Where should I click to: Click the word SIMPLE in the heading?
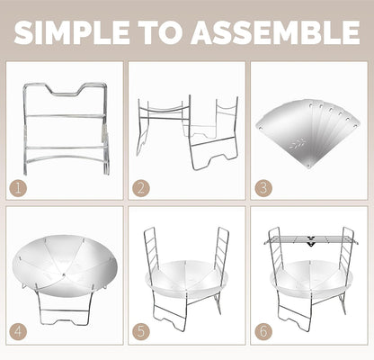(72, 32)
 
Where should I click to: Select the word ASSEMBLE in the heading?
(276, 32)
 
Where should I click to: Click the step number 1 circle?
(18, 188)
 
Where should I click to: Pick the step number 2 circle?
(141, 188)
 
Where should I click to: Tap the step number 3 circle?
(263, 188)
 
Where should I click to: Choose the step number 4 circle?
(18, 332)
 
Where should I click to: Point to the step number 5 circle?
(141, 332)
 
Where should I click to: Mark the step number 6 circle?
(263, 332)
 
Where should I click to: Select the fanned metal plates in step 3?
(307, 133)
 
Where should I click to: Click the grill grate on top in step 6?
(311, 239)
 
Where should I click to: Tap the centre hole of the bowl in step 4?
(64, 274)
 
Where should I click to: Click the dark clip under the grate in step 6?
(311, 242)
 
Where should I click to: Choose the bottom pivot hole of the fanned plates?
(308, 166)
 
